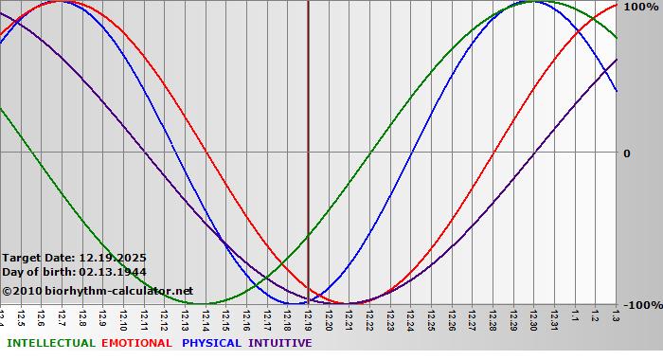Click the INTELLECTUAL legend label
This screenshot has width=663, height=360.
(50, 343)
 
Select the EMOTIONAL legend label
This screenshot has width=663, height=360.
(136, 343)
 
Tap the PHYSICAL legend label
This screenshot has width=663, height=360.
(212, 343)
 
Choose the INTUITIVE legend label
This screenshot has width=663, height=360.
(280, 343)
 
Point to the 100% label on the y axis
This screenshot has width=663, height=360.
(640, 7)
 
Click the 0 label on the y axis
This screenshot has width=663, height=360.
(627, 153)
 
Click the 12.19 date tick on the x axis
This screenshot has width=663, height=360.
(308, 320)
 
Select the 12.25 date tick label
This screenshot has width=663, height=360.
(431, 320)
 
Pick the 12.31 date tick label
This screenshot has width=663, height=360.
(554, 320)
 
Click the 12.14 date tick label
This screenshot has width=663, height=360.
(206, 320)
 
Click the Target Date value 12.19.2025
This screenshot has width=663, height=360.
(113, 257)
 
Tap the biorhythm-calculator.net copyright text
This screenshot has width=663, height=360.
(104, 291)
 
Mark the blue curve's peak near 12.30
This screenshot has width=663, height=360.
(532, 1)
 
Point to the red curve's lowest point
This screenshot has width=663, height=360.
(349, 304)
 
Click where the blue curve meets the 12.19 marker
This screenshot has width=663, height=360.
(308, 302)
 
